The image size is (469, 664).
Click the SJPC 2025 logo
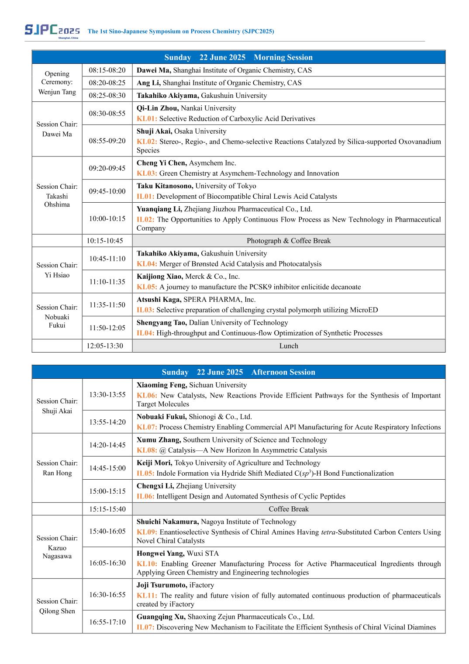pyautogui.click(x=52, y=31)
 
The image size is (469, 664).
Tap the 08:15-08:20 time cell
pyautogui.click(x=107, y=70)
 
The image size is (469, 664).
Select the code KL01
pyautogui.click(x=147, y=118)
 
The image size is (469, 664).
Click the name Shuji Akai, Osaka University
pyautogui.click(x=181, y=131)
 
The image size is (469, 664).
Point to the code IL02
pyautogui.click(x=145, y=219)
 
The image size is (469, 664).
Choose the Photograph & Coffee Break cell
pyautogui.click(x=288, y=241)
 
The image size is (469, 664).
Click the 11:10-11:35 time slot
pyautogui.click(x=107, y=282)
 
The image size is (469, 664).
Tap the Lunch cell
pyautogui.click(x=288, y=346)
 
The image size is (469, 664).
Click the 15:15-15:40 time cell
pyautogui.click(x=107, y=509)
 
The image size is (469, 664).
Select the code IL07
pyautogui.click(x=145, y=627)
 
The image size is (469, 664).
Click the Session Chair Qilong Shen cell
pyautogui.click(x=57, y=606)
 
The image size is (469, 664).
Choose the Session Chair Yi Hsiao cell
pyautogui.click(x=57, y=270)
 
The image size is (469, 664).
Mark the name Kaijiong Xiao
pyautogui.click(x=159, y=276)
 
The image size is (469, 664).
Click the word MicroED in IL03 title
pyautogui.click(x=364, y=310)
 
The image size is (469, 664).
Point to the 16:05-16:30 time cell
pyautogui.click(x=107, y=563)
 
